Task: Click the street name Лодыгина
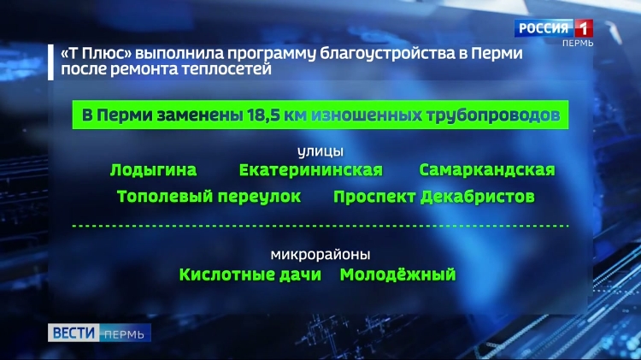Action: pyautogui.click(x=153, y=170)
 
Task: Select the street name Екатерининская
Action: pyautogui.click(x=311, y=170)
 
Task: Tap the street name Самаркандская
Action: pyautogui.click(x=487, y=170)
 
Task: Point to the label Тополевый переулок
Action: pyautogui.click(x=209, y=197)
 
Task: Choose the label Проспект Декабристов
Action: pyautogui.click(x=433, y=197)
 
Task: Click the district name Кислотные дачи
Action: pyautogui.click(x=250, y=274)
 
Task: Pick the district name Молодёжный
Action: pyautogui.click(x=397, y=274)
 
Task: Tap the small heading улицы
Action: pyautogui.click(x=320, y=151)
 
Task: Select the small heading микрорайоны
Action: pyautogui.click(x=320, y=255)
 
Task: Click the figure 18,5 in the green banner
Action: pyautogui.click(x=264, y=115)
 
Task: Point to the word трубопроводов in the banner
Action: pyautogui.click(x=493, y=115)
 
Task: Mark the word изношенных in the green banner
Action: pyautogui.click(x=367, y=115)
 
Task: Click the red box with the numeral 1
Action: pyautogui.click(x=584, y=28)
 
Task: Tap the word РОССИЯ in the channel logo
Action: pyautogui.click(x=544, y=28)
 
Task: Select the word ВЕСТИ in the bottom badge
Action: pyautogui.click(x=74, y=333)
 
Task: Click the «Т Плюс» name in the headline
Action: pyautogui.click(x=97, y=54)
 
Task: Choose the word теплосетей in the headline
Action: pyautogui.click(x=226, y=68)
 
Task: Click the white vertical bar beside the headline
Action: pyautogui.click(x=50, y=62)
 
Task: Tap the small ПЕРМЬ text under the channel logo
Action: pyautogui.click(x=578, y=43)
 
